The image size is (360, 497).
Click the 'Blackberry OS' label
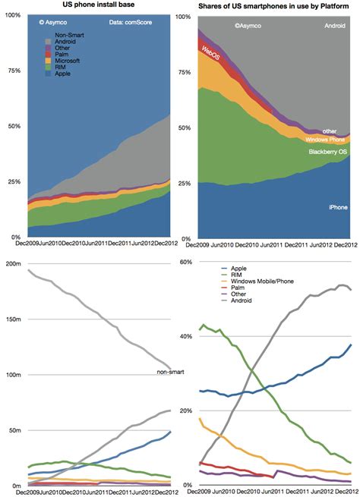pos(327,153)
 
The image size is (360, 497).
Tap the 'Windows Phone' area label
pos(326,140)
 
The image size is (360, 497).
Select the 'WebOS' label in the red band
pos(212,52)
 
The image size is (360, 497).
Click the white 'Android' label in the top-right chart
pos(334,26)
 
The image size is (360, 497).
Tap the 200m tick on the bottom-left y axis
pos(13,263)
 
